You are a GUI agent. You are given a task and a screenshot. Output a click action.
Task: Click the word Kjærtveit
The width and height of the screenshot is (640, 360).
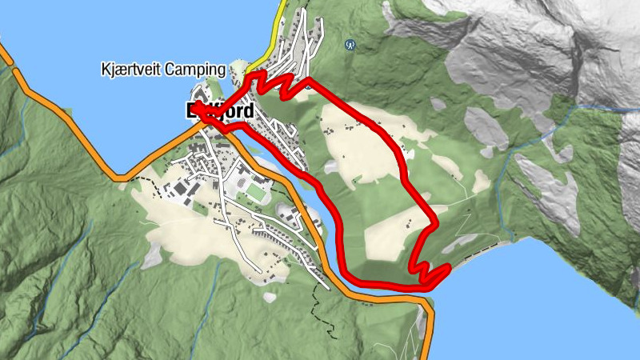point(131,70)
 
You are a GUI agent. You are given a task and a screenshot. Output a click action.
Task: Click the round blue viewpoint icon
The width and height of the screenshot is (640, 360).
point(350,45)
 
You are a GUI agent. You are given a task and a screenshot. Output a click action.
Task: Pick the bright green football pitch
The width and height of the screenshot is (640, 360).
point(256,193)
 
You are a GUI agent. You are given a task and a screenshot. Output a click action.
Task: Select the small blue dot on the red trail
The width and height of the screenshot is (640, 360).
point(307,82)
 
